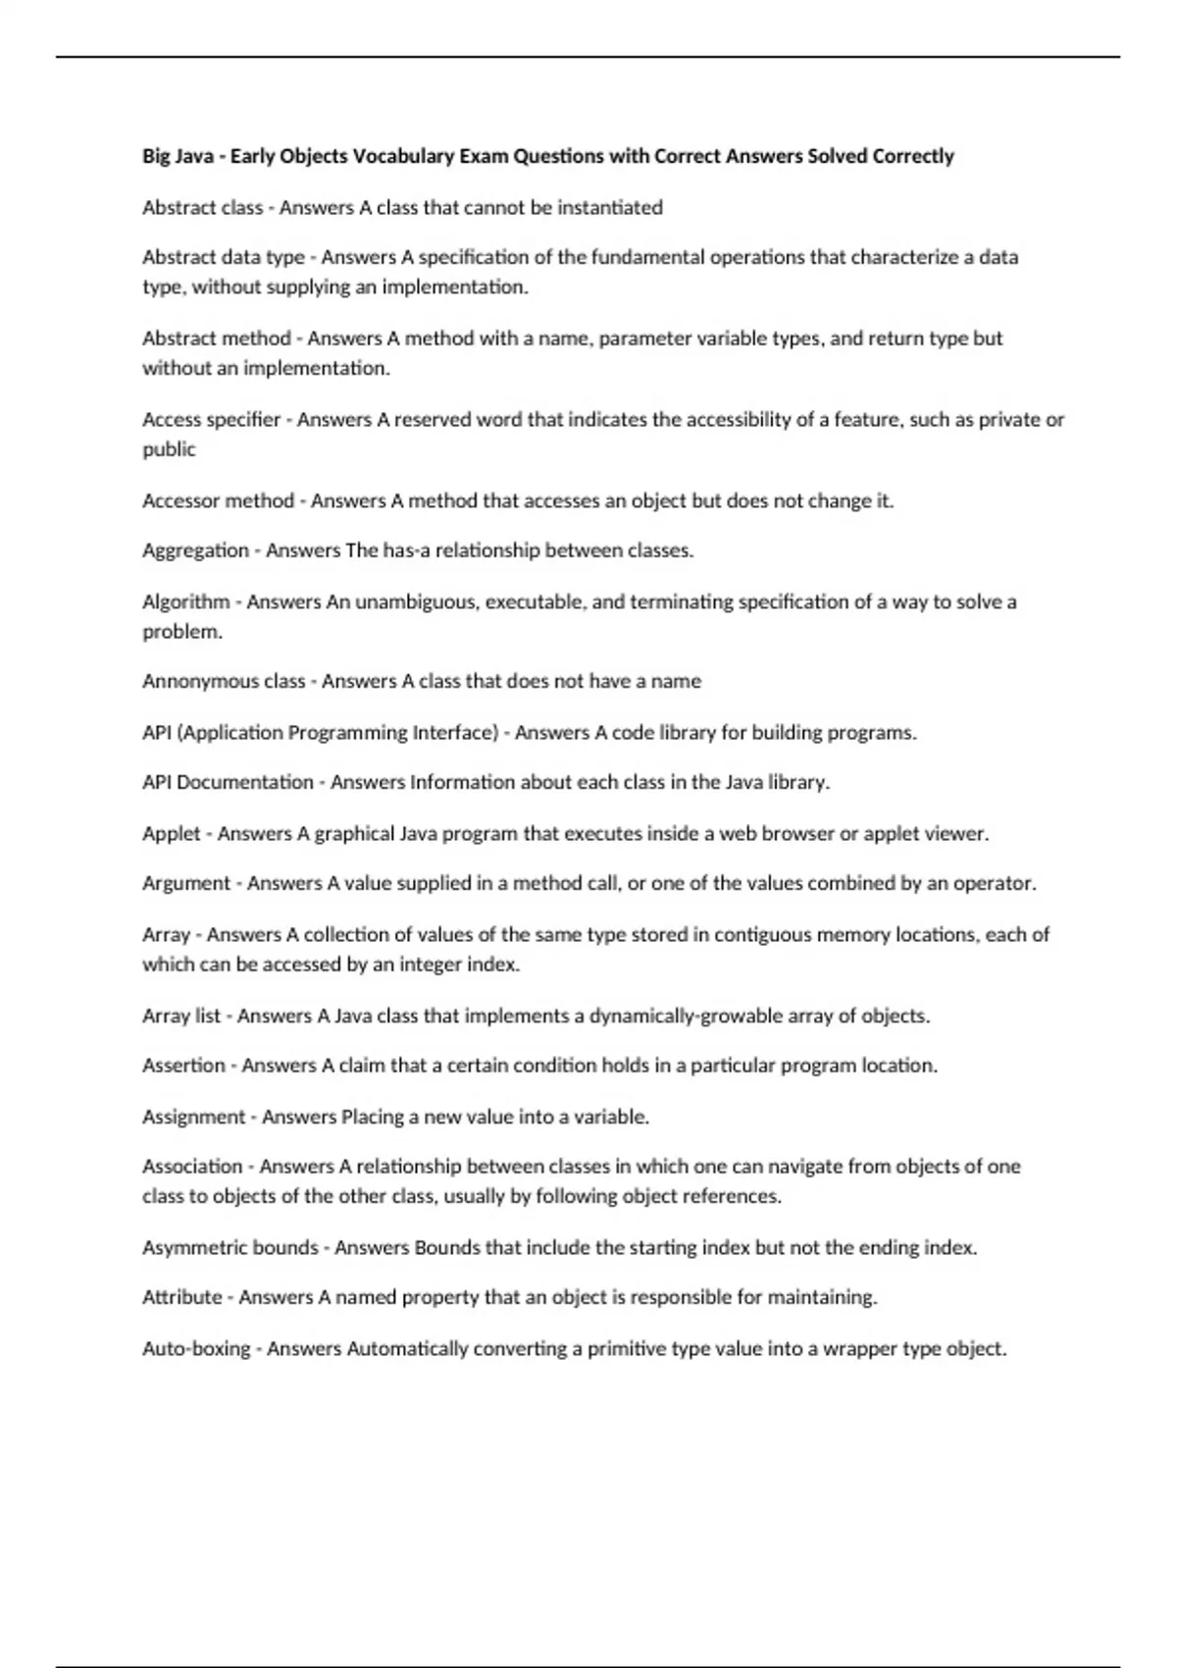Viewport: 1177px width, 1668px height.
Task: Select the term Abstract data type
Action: (x=224, y=257)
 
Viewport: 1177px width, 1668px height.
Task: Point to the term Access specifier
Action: (x=211, y=420)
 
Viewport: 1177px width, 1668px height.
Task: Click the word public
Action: (x=169, y=449)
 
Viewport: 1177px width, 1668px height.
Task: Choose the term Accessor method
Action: (x=218, y=500)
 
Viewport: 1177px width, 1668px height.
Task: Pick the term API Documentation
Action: (x=228, y=782)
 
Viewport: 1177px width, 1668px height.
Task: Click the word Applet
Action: (x=171, y=834)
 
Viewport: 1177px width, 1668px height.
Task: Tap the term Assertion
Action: (x=183, y=1066)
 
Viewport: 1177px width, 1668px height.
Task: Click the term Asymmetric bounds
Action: (x=230, y=1248)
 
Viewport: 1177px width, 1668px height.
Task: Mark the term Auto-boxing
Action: (x=196, y=1349)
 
